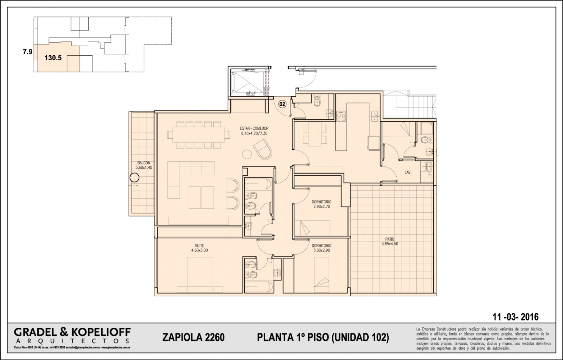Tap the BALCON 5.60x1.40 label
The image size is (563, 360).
[x=144, y=165]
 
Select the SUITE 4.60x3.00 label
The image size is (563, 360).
[x=199, y=248]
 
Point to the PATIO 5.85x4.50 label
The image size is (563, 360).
[x=390, y=241]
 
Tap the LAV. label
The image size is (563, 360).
[x=408, y=172]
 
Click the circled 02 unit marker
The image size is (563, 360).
[x=282, y=103]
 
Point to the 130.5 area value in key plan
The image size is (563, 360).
[x=53, y=58]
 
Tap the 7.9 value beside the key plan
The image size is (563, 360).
[x=27, y=52]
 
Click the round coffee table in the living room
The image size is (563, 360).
[x=247, y=154]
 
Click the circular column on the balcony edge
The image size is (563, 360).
[x=134, y=177]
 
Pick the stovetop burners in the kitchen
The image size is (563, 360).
[x=341, y=115]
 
